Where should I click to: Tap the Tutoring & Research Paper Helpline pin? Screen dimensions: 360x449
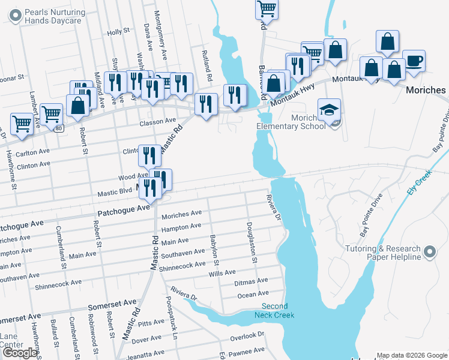[429, 253]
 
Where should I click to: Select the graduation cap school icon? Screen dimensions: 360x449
[329, 111]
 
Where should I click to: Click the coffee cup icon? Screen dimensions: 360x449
[413, 61]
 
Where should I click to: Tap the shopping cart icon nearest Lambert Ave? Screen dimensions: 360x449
[22, 124]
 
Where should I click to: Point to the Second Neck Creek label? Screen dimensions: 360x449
[274, 310]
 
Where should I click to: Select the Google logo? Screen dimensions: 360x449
[20, 353]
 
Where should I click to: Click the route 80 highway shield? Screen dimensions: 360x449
[58, 128]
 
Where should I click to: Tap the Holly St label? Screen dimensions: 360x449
[118, 31]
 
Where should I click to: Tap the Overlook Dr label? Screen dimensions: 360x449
[248, 335]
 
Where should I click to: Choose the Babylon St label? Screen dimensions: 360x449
[214, 247]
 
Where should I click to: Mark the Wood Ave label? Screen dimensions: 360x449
[133, 177]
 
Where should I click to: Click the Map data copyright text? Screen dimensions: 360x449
[412, 355]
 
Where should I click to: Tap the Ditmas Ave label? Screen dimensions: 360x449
[252, 281]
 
